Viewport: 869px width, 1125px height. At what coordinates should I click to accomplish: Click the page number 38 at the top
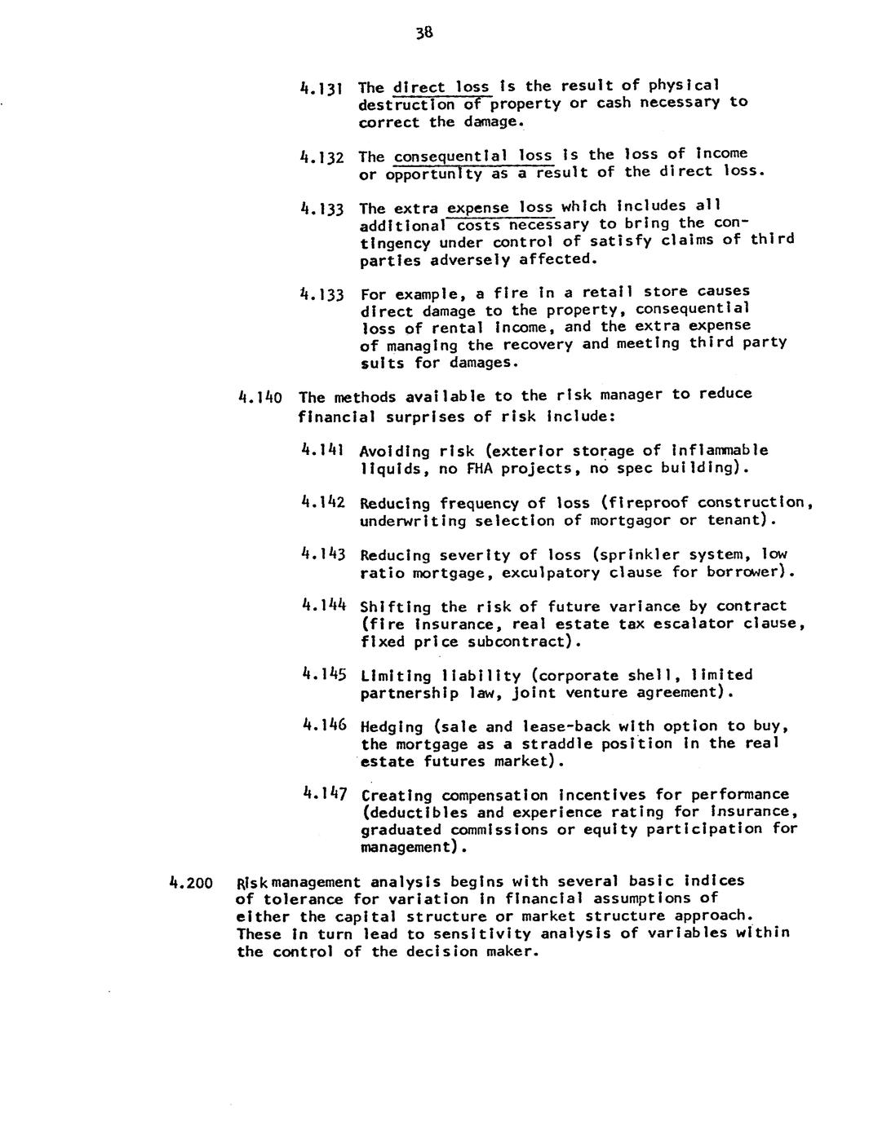[x=423, y=33]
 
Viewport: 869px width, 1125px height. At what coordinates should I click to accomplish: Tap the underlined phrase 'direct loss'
[x=441, y=86]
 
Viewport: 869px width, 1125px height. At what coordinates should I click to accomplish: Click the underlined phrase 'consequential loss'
[x=472, y=155]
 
